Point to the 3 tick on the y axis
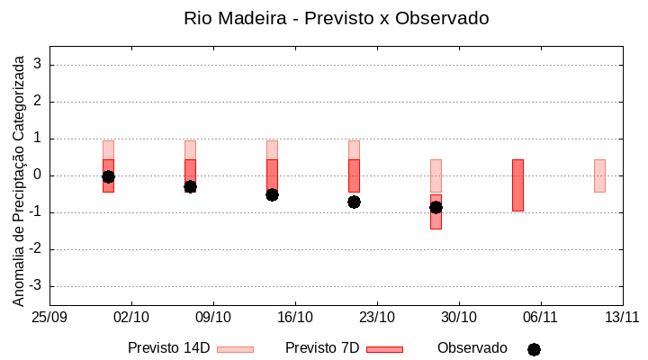pos(39,65)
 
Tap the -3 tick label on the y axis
pos(36,286)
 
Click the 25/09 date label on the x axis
pos(49,317)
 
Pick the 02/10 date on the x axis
pos(131,317)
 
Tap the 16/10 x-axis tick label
pos(295,317)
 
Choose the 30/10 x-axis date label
pos(459,317)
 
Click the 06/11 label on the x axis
pos(541,317)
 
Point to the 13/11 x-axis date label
pos(622,317)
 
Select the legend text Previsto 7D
pos(321,348)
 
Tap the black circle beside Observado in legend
pos(534,349)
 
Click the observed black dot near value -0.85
pos(436,207)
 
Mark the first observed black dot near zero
pos(108,176)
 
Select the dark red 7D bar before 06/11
pos(517,184)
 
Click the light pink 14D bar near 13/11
pos(599,175)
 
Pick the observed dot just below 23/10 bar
pos(354,202)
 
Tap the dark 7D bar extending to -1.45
pos(436,221)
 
